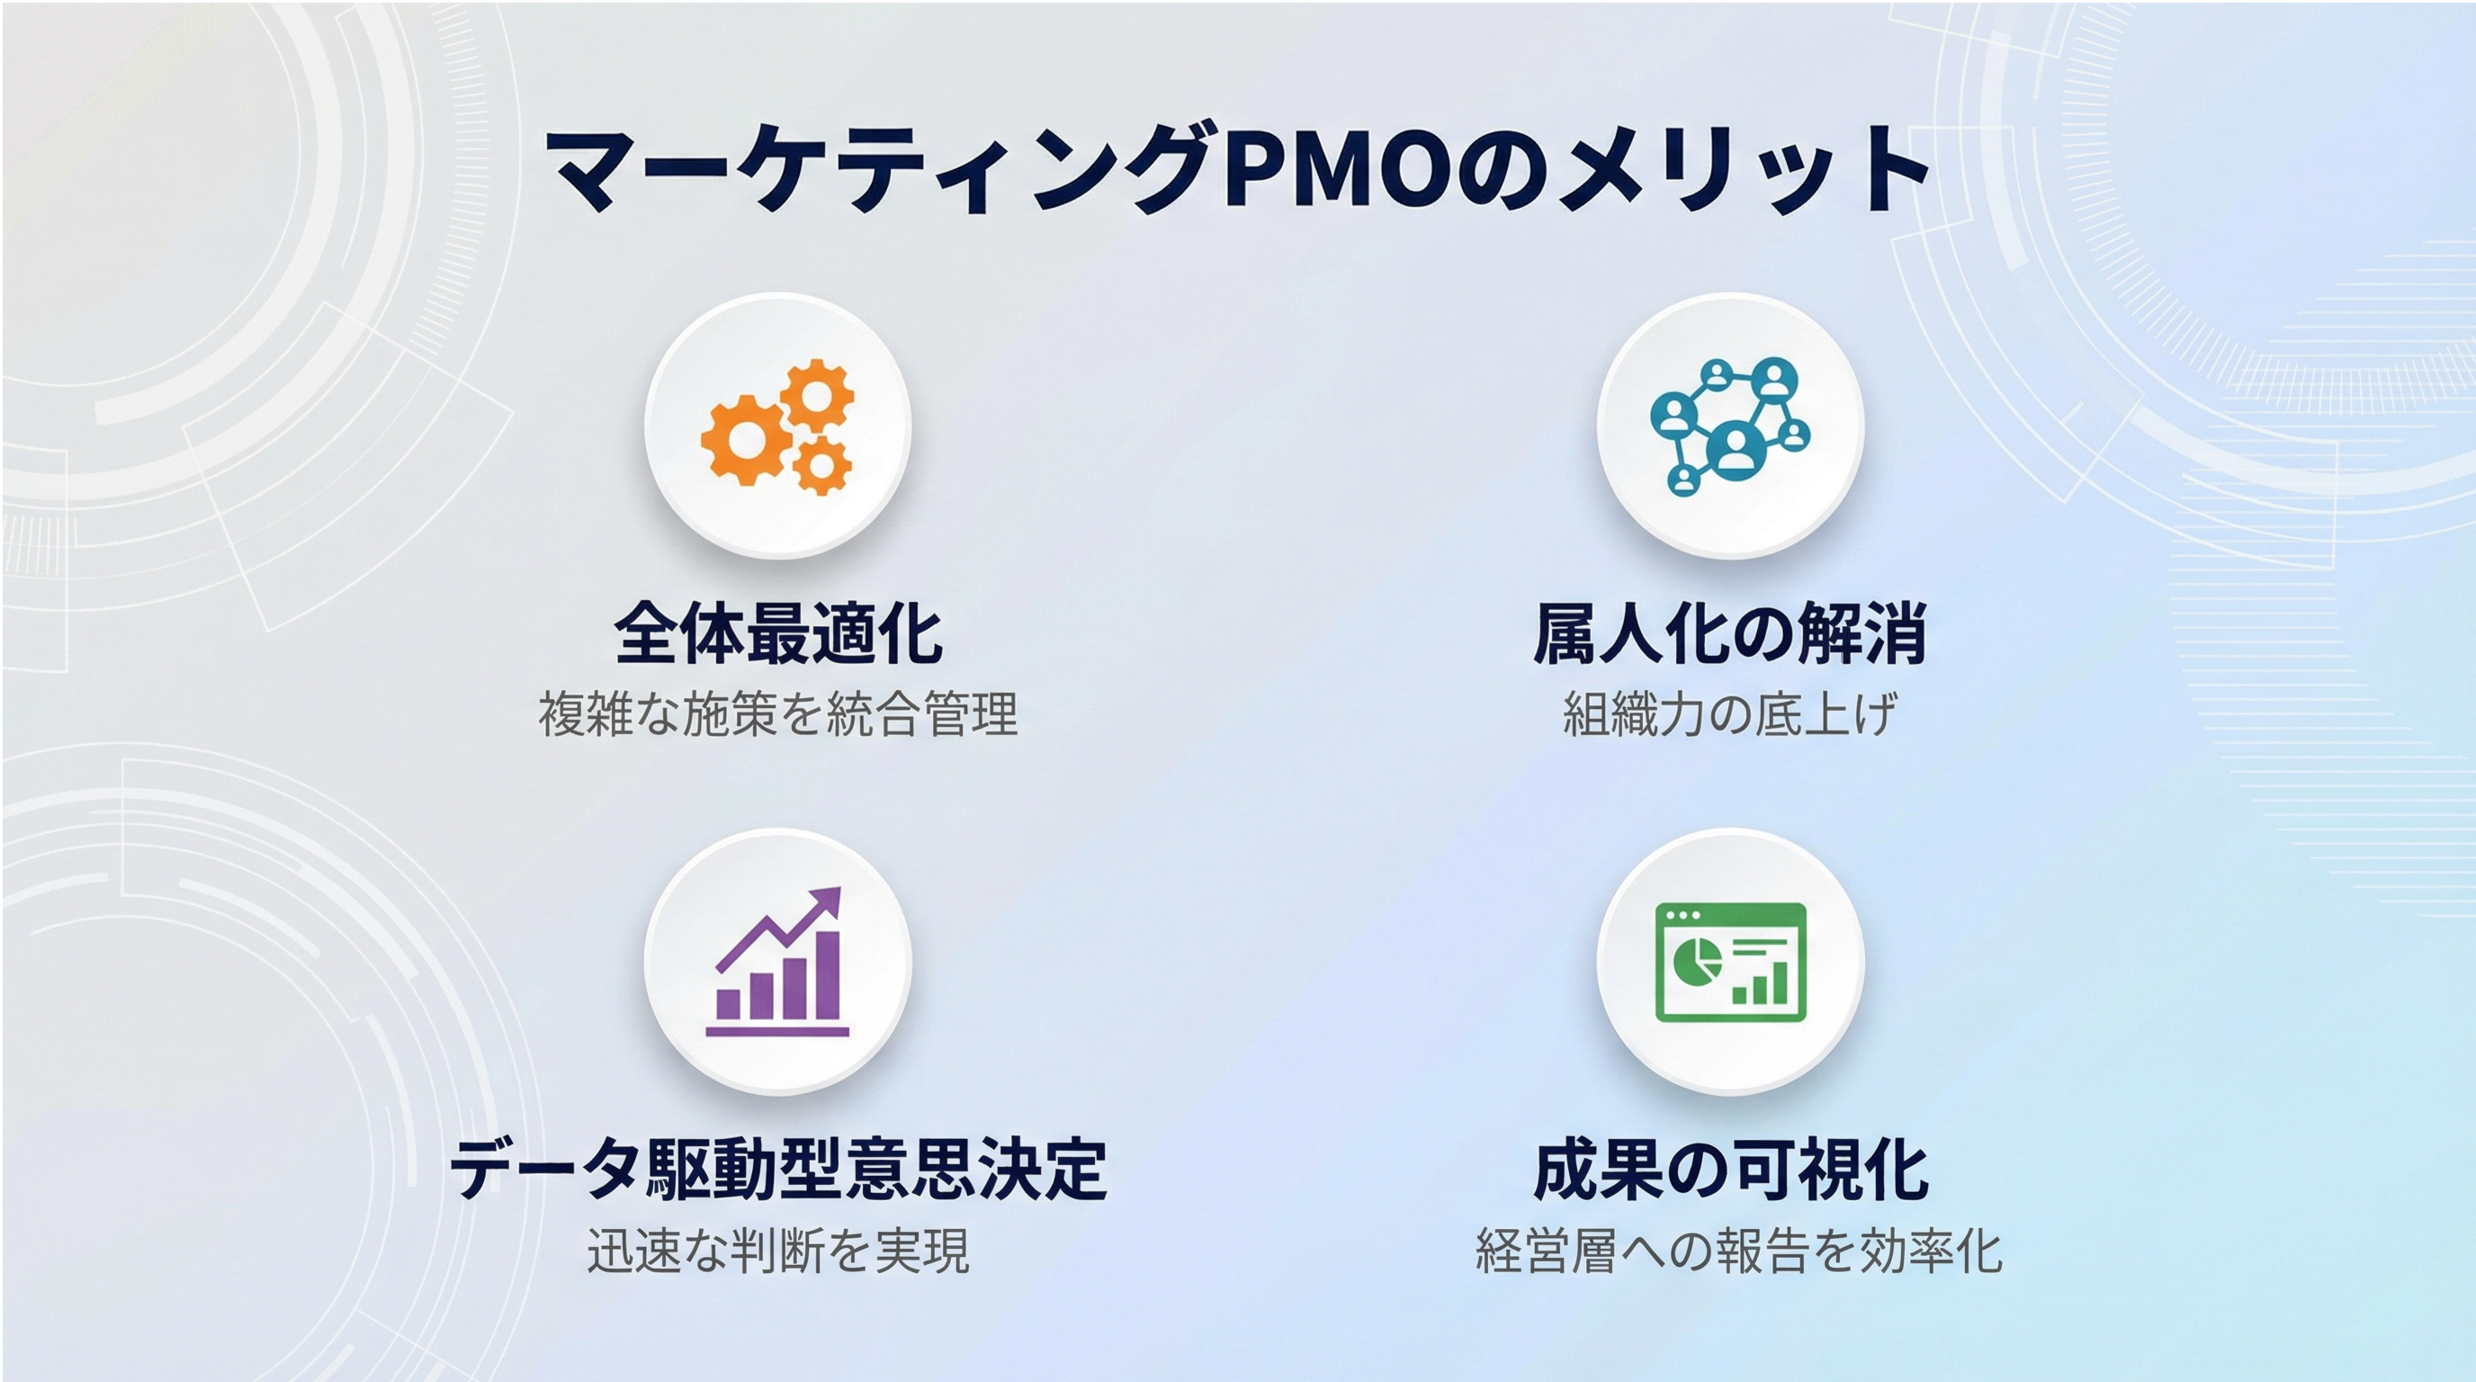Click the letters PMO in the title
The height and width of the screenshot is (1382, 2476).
1339,170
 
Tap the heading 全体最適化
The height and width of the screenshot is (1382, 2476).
777,633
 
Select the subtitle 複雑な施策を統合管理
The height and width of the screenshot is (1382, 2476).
777,714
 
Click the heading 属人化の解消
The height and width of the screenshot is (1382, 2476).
1730,633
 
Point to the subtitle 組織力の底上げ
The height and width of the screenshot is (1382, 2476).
1730,714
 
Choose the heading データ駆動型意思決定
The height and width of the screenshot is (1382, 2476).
777,1169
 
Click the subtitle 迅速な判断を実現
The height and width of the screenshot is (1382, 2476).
777,1251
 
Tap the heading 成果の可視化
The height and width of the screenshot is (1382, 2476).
1730,1169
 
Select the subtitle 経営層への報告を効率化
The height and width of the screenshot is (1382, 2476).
1739,1251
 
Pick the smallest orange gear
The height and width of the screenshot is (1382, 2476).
821,465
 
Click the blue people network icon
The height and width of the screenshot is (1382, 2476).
1730,426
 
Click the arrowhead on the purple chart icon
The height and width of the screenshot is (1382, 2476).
826,902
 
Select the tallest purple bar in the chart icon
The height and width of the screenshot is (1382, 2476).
827,974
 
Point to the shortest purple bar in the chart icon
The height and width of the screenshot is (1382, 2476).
730,1004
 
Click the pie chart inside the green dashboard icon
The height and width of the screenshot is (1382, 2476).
1697,960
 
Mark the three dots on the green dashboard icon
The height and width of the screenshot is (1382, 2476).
1682,915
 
